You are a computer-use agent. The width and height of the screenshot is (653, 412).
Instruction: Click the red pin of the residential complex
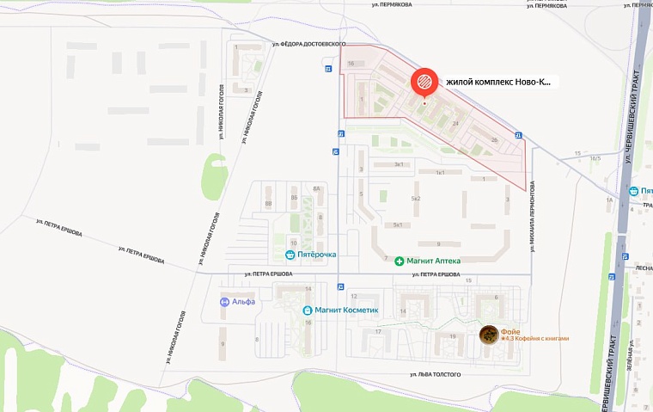click(424, 83)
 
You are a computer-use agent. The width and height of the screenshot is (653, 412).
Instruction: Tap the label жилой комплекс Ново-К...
click(497, 83)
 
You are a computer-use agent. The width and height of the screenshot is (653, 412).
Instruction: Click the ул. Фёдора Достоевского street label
click(308, 44)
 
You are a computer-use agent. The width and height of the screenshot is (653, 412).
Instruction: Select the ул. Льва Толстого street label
click(436, 375)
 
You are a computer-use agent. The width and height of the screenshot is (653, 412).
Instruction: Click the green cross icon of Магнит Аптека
click(399, 261)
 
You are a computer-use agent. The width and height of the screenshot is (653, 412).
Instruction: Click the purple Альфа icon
click(224, 302)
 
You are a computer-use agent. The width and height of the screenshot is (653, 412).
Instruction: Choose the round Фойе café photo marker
click(488, 335)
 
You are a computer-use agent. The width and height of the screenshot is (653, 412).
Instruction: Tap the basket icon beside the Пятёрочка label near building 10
click(290, 255)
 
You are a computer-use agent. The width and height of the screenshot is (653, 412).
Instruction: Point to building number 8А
click(316, 188)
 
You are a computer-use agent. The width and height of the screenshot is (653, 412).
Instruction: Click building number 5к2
click(416, 199)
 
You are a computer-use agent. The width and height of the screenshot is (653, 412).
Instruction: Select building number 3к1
click(398, 163)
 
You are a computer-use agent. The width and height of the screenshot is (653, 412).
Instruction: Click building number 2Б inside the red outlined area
click(493, 139)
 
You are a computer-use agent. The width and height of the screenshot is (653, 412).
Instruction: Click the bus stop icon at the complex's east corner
click(518, 135)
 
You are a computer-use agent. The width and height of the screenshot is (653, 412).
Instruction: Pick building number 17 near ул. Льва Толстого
click(377, 331)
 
